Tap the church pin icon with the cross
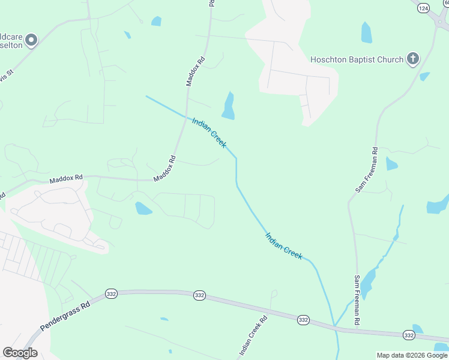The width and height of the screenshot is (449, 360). pyautogui.click(x=412, y=58)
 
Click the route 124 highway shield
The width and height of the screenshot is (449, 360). pyautogui.click(x=424, y=8)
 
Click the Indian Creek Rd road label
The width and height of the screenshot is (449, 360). pyautogui.click(x=253, y=336)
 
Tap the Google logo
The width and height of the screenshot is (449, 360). pyautogui.click(x=20, y=353)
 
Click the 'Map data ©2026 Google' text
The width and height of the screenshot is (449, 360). pyautogui.click(x=412, y=355)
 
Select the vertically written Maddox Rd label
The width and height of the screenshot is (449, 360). pyautogui.click(x=196, y=71)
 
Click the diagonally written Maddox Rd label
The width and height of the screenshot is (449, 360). pyautogui.click(x=164, y=169)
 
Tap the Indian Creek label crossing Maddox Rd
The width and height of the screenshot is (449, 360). pyautogui.click(x=209, y=133)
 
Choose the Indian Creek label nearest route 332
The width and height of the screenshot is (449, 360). pyautogui.click(x=283, y=245)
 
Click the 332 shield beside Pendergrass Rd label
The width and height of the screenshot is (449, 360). pyautogui.click(x=110, y=293)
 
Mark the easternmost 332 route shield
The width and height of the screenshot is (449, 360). pyautogui.click(x=409, y=335)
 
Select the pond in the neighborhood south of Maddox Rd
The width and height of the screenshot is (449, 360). pyautogui.click(x=143, y=208)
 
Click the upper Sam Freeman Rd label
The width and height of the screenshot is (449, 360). pyautogui.click(x=366, y=170)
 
